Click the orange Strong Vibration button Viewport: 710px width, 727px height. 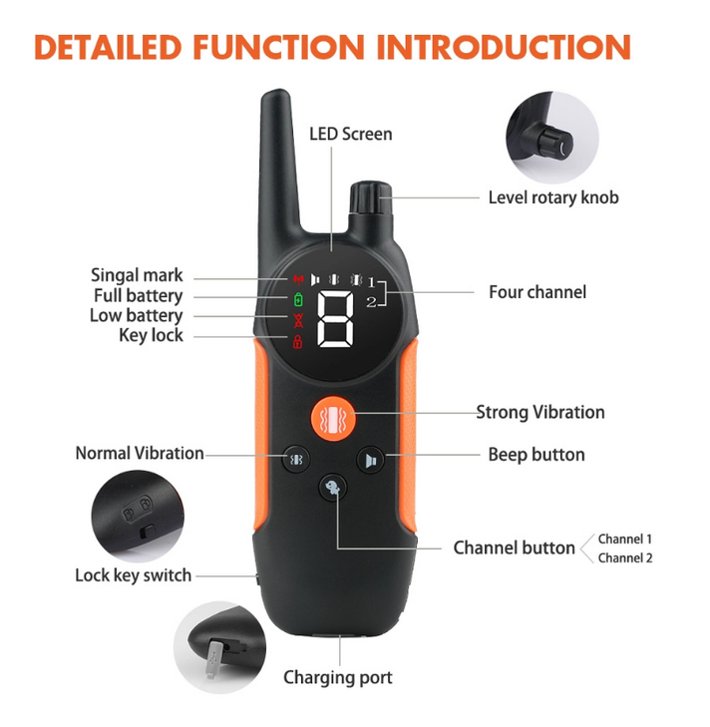coord(333,418)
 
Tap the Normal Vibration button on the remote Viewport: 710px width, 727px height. coord(296,459)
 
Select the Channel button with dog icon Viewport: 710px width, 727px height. coord(332,488)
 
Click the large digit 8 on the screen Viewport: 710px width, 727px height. coord(335,319)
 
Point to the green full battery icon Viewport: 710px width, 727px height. coord(298,299)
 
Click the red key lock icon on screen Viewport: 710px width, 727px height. coord(297,341)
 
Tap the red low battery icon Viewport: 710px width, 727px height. coord(298,320)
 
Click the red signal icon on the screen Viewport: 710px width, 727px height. coord(298,279)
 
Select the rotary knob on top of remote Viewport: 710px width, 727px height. coord(371,198)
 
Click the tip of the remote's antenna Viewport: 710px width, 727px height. coord(277,91)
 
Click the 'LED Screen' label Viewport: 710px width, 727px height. coord(351,134)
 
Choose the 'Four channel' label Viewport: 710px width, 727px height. coord(537,292)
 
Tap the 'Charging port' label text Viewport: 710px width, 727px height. coord(338,678)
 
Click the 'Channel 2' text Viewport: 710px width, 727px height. coord(625,557)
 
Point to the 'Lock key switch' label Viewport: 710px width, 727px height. coord(133,575)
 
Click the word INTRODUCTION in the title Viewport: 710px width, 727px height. coord(504,47)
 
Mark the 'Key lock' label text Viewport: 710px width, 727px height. coord(152,335)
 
